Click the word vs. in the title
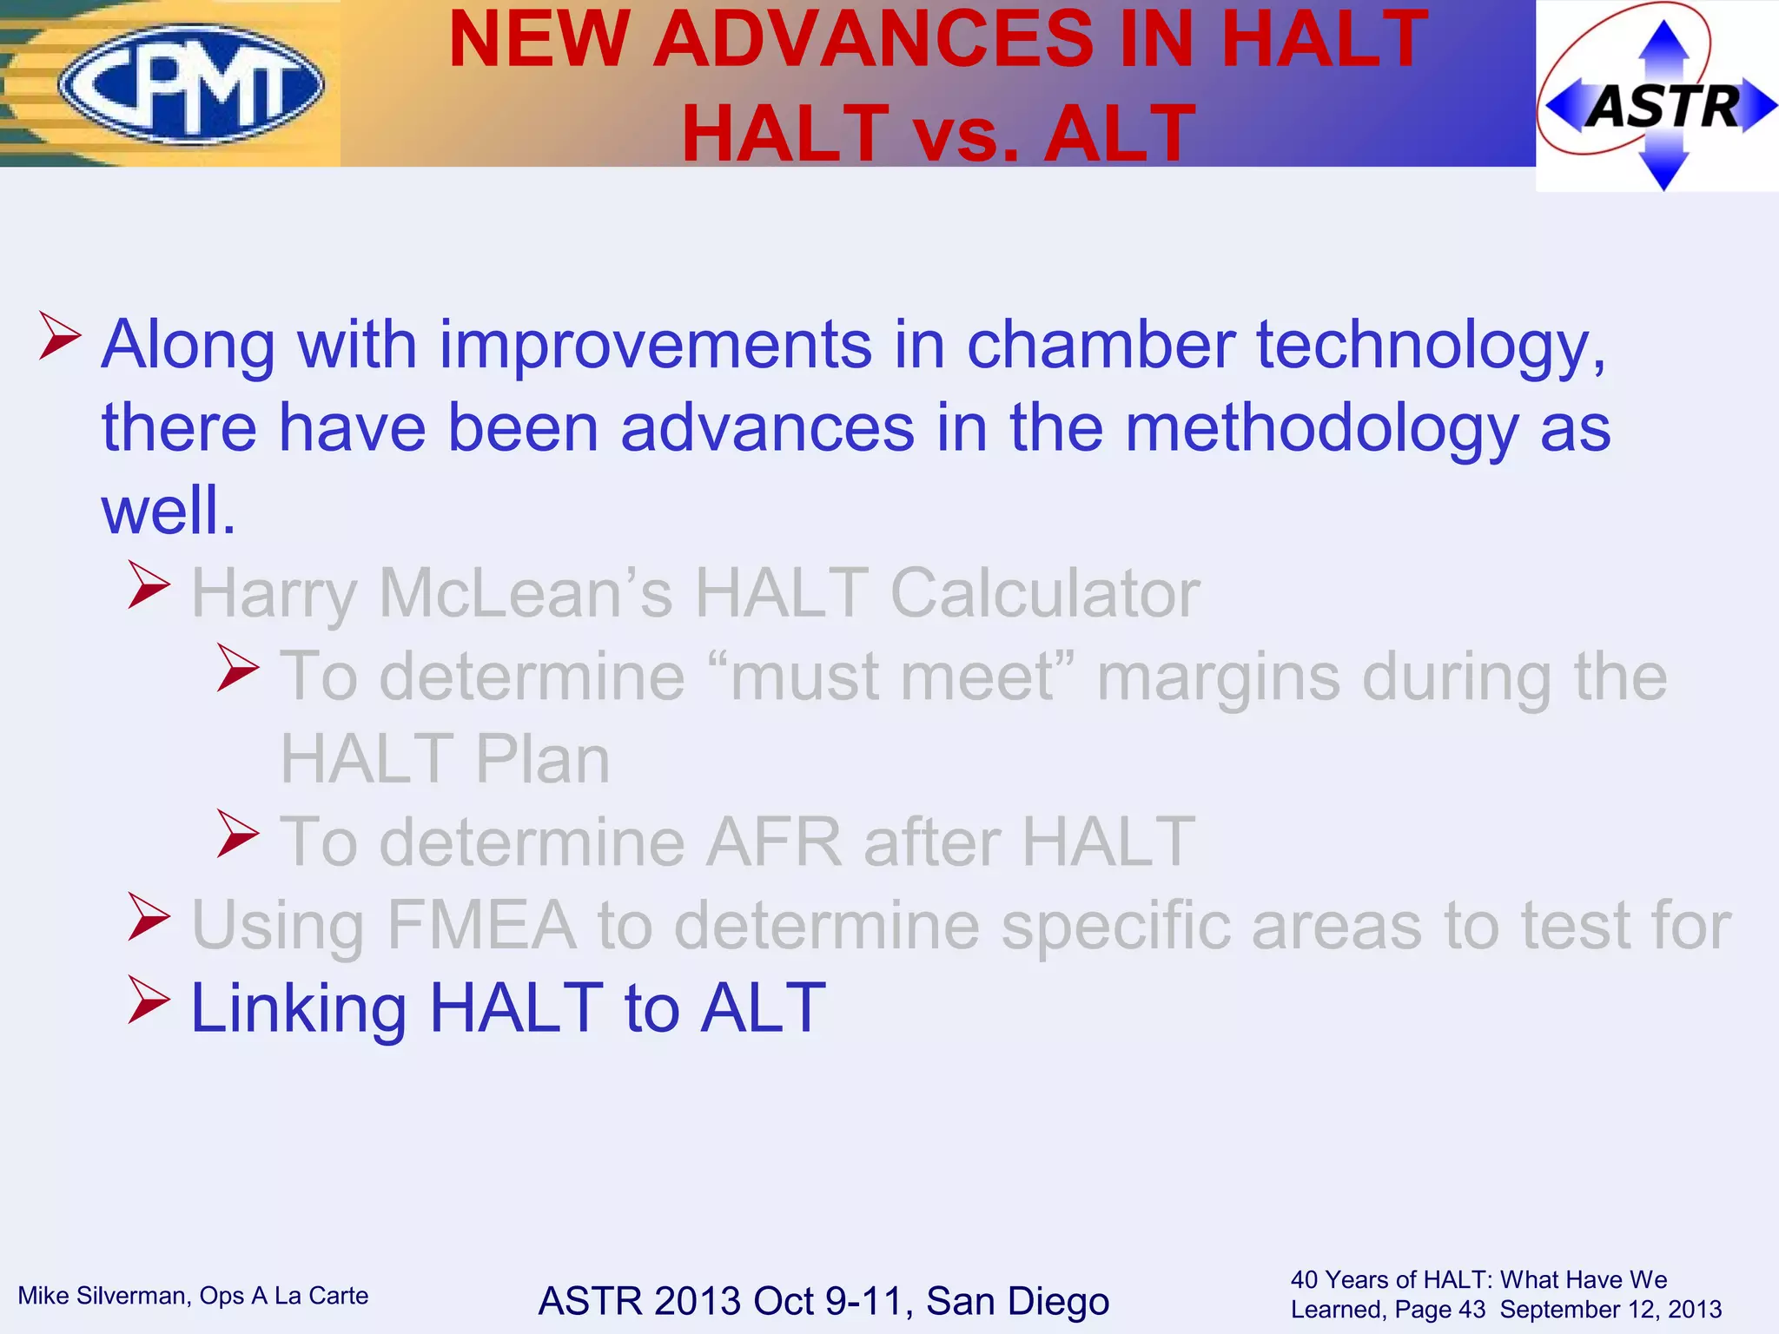(x=965, y=134)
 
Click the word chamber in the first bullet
(x=1101, y=345)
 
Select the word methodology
(x=1321, y=429)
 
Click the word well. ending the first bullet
(x=169, y=511)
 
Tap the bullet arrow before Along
(x=60, y=337)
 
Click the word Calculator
(x=1044, y=593)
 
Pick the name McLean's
(x=526, y=593)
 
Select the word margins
(x=1218, y=677)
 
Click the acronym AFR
(x=773, y=842)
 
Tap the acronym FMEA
(x=481, y=925)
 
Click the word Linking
(x=299, y=1008)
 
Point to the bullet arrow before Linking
(x=149, y=1000)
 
